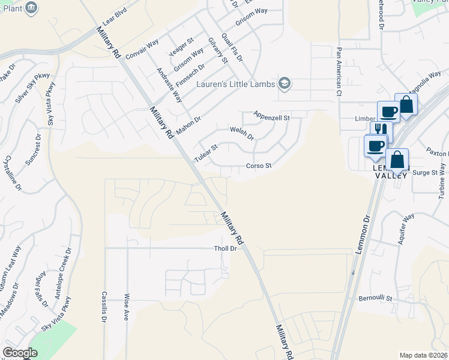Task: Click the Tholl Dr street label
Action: pyautogui.click(x=226, y=248)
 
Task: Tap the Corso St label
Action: pyautogui.click(x=259, y=166)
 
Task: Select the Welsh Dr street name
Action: pyautogui.click(x=243, y=133)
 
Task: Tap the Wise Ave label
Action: pyautogui.click(x=127, y=307)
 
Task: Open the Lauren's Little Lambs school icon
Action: pyautogui.click(x=285, y=84)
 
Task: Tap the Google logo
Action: pyautogui.click(x=20, y=353)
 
